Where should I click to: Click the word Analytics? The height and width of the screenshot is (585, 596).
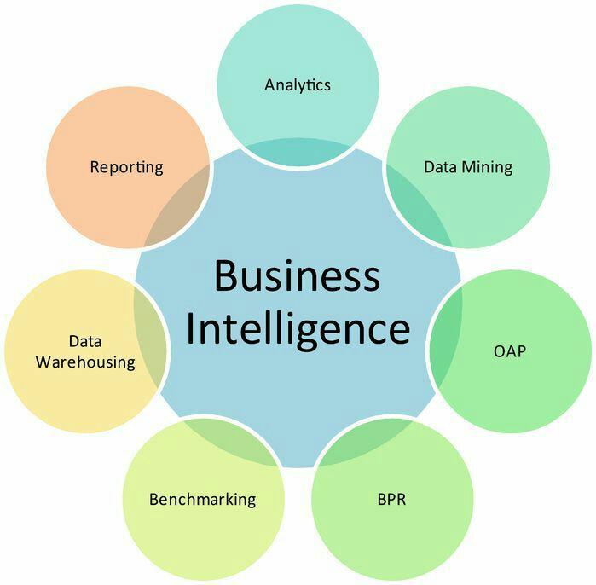click(x=298, y=85)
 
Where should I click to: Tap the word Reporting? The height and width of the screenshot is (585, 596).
click(x=126, y=168)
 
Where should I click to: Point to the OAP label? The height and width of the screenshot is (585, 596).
click(x=510, y=351)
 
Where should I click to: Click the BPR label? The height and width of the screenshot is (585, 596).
click(x=391, y=499)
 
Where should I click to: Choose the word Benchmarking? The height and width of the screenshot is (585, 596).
click(x=203, y=500)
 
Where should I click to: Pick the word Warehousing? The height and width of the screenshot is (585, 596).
click(x=85, y=362)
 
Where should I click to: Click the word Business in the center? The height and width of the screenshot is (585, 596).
click(x=298, y=275)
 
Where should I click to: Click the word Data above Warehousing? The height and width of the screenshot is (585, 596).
click(x=85, y=341)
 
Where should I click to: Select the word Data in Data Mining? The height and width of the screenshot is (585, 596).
click(x=440, y=167)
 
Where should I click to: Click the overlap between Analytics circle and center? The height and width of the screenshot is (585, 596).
click(x=298, y=152)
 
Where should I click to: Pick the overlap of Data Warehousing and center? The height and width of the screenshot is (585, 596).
click(x=149, y=336)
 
